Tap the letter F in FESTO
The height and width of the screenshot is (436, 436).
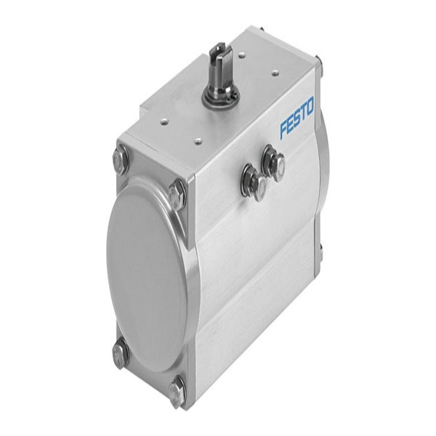coord(284,129)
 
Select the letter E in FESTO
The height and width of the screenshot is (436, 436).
coord(290,124)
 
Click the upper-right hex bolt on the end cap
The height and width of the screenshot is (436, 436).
coord(177,194)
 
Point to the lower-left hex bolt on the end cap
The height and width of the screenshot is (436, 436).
coord(120,354)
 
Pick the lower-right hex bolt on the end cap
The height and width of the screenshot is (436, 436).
coord(177,391)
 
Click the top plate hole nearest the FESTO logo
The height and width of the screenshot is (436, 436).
coord(275,73)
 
